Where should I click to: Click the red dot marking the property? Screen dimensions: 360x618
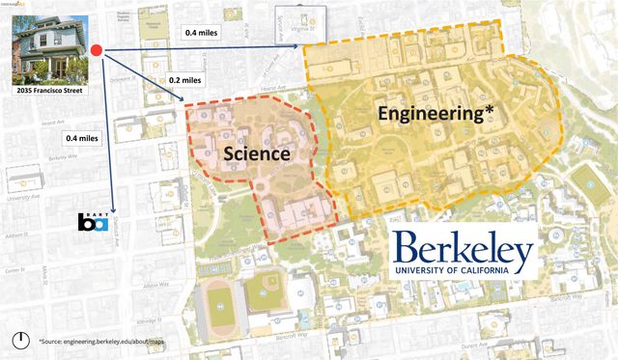(x=96, y=49)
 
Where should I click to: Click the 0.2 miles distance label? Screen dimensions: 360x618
(x=185, y=80)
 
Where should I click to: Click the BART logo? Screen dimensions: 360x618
(x=95, y=223)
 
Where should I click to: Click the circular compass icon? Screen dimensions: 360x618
(x=21, y=340)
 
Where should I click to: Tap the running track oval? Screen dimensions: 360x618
(x=216, y=306)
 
